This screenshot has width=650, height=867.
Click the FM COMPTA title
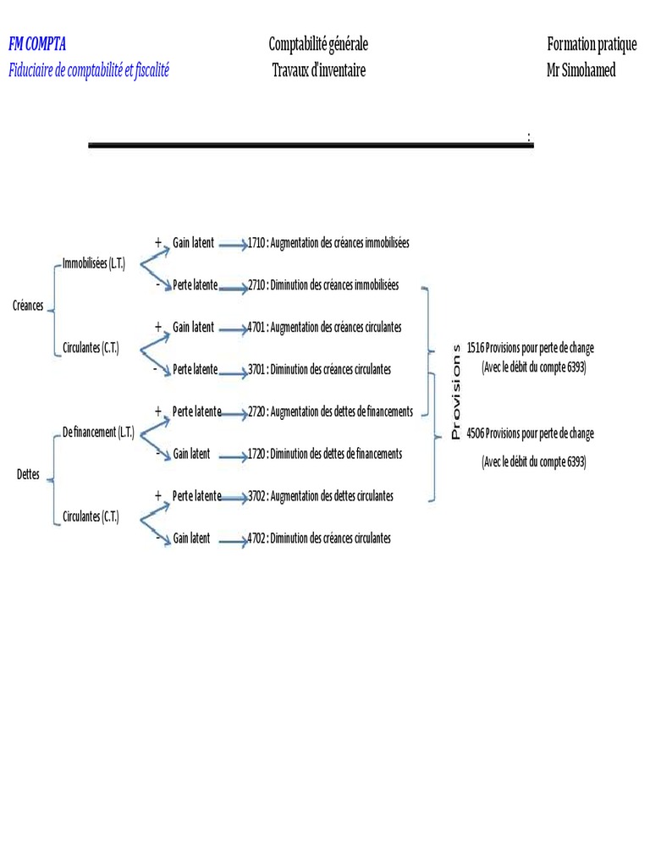(x=37, y=45)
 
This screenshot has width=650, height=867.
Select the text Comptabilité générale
(x=318, y=45)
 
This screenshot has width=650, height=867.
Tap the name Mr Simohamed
(x=581, y=70)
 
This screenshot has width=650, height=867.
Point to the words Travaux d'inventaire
(x=318, y=70)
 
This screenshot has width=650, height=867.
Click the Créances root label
(x=28, y=306)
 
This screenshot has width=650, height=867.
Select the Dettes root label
(x=28, y=475)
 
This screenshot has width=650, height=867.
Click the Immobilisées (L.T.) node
(x=94, y=264)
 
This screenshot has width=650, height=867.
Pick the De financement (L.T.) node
(x=98, y=433)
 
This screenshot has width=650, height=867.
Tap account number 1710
(x=256, y=243)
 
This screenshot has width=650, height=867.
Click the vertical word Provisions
(x=456, y=391)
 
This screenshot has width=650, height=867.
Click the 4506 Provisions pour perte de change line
(x=530, y=433)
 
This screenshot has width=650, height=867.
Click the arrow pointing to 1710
(x=231, y=245)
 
